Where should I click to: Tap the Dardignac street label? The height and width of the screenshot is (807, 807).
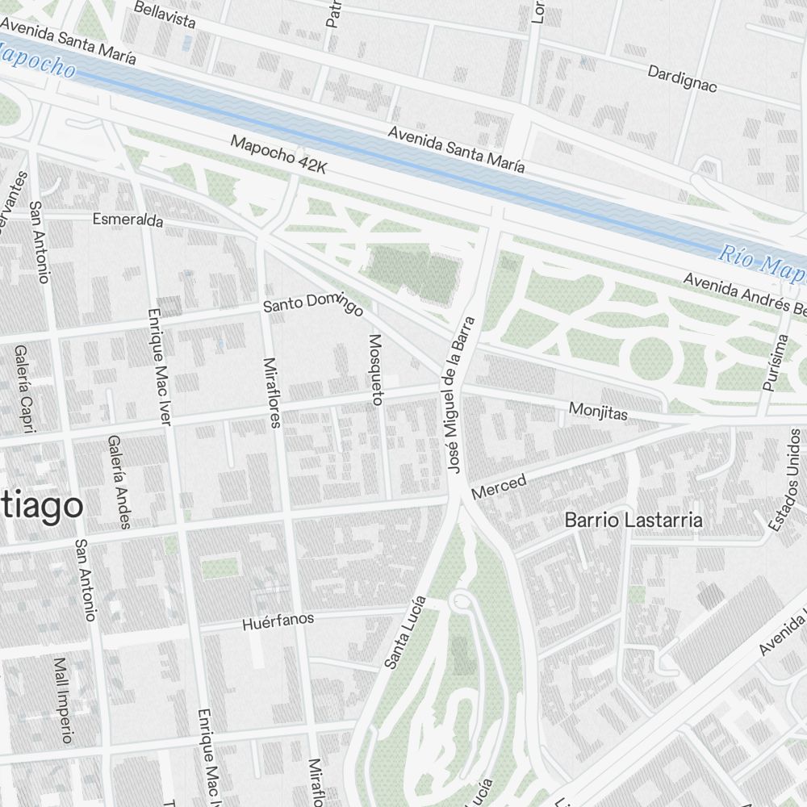(x=682, y=78)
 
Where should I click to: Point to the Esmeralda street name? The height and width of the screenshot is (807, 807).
(x=128, y=220)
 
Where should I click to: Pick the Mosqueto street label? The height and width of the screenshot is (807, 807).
(x=374, y=368)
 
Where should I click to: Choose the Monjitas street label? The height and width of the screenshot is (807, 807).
(x=598, y=412)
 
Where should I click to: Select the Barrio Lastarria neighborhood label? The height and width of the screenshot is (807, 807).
(x=633, y=521)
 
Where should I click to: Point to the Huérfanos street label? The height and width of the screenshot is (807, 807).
(x=278, y=621)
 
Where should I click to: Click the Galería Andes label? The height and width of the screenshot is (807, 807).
(x=118, y=482)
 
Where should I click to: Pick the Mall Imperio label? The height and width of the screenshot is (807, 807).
(x=62, y=700)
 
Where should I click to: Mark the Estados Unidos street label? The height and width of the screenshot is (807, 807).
(x=786, y=479)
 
